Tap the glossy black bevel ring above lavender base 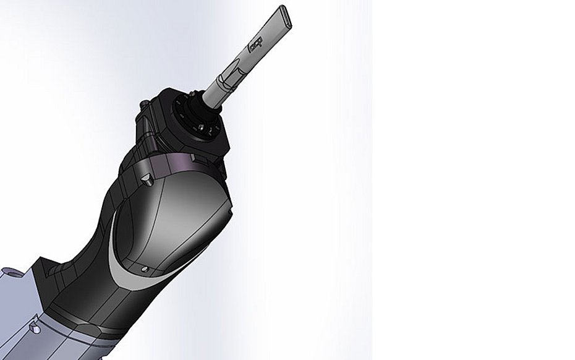point(87,315)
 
